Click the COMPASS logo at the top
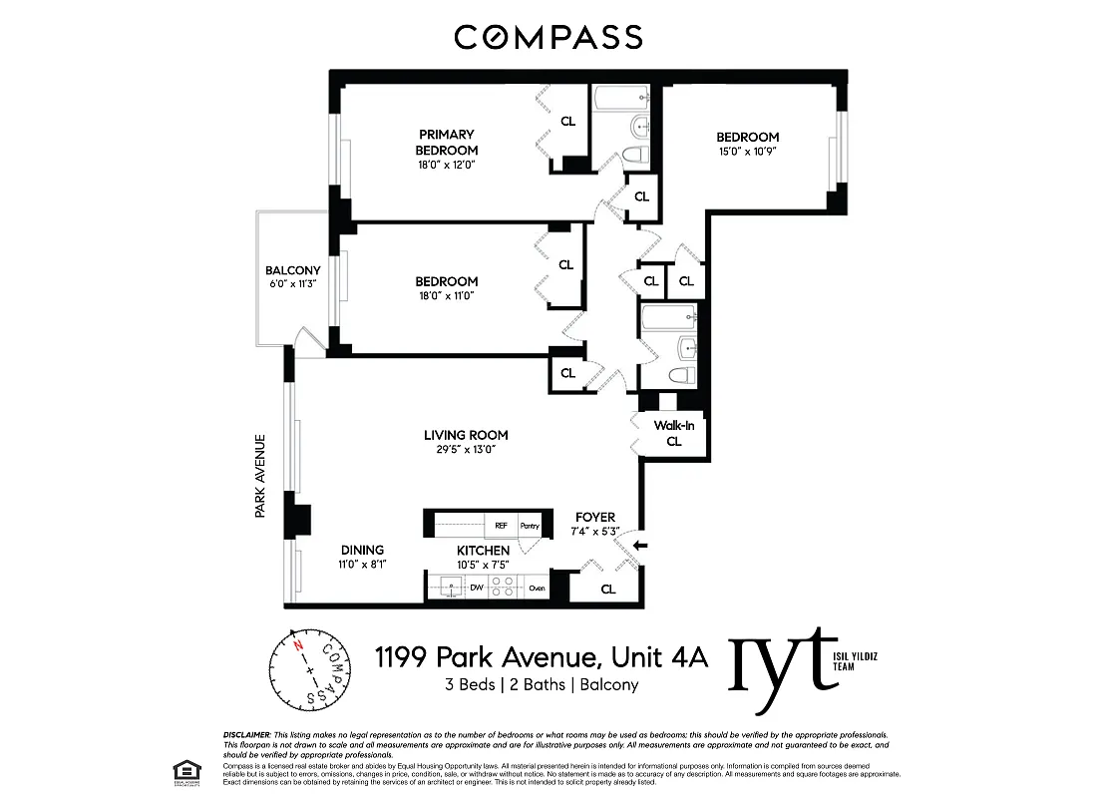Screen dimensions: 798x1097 pyautogui.click(x=548, y=38)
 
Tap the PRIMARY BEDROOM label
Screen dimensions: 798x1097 pyautogui.click(x=446, y=142)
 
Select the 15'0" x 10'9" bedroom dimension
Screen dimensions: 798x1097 pyautogui.click(x=747, y=152)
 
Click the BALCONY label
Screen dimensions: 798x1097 pyautogui.click(x=292, y=270)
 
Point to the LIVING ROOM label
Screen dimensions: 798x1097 pyautogui.click(x=466, y=435)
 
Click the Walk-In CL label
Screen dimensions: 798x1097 pyautogui.click(x=673, y=433)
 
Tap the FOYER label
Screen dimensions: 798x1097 pyautogui.click(x=594, y=517)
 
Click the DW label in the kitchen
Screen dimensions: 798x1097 pyautogui.click(x=476, y=589)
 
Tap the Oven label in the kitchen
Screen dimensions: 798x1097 pyautogui.click(x=537, y=589)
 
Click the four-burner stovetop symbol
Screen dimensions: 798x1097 pyautogui.click(x=506, y=588)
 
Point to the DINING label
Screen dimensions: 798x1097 pyautogui.click(x=361, y=550)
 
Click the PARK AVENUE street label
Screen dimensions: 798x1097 pyautogui.click(x=259, y=475)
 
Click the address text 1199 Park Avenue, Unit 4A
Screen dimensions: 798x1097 pyautogui.click(x=541, y=657)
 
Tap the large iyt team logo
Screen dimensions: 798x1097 pyautogui.click(x=783, y=658)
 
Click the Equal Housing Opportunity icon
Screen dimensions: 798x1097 pyautogui.click(x=183, y=770)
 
